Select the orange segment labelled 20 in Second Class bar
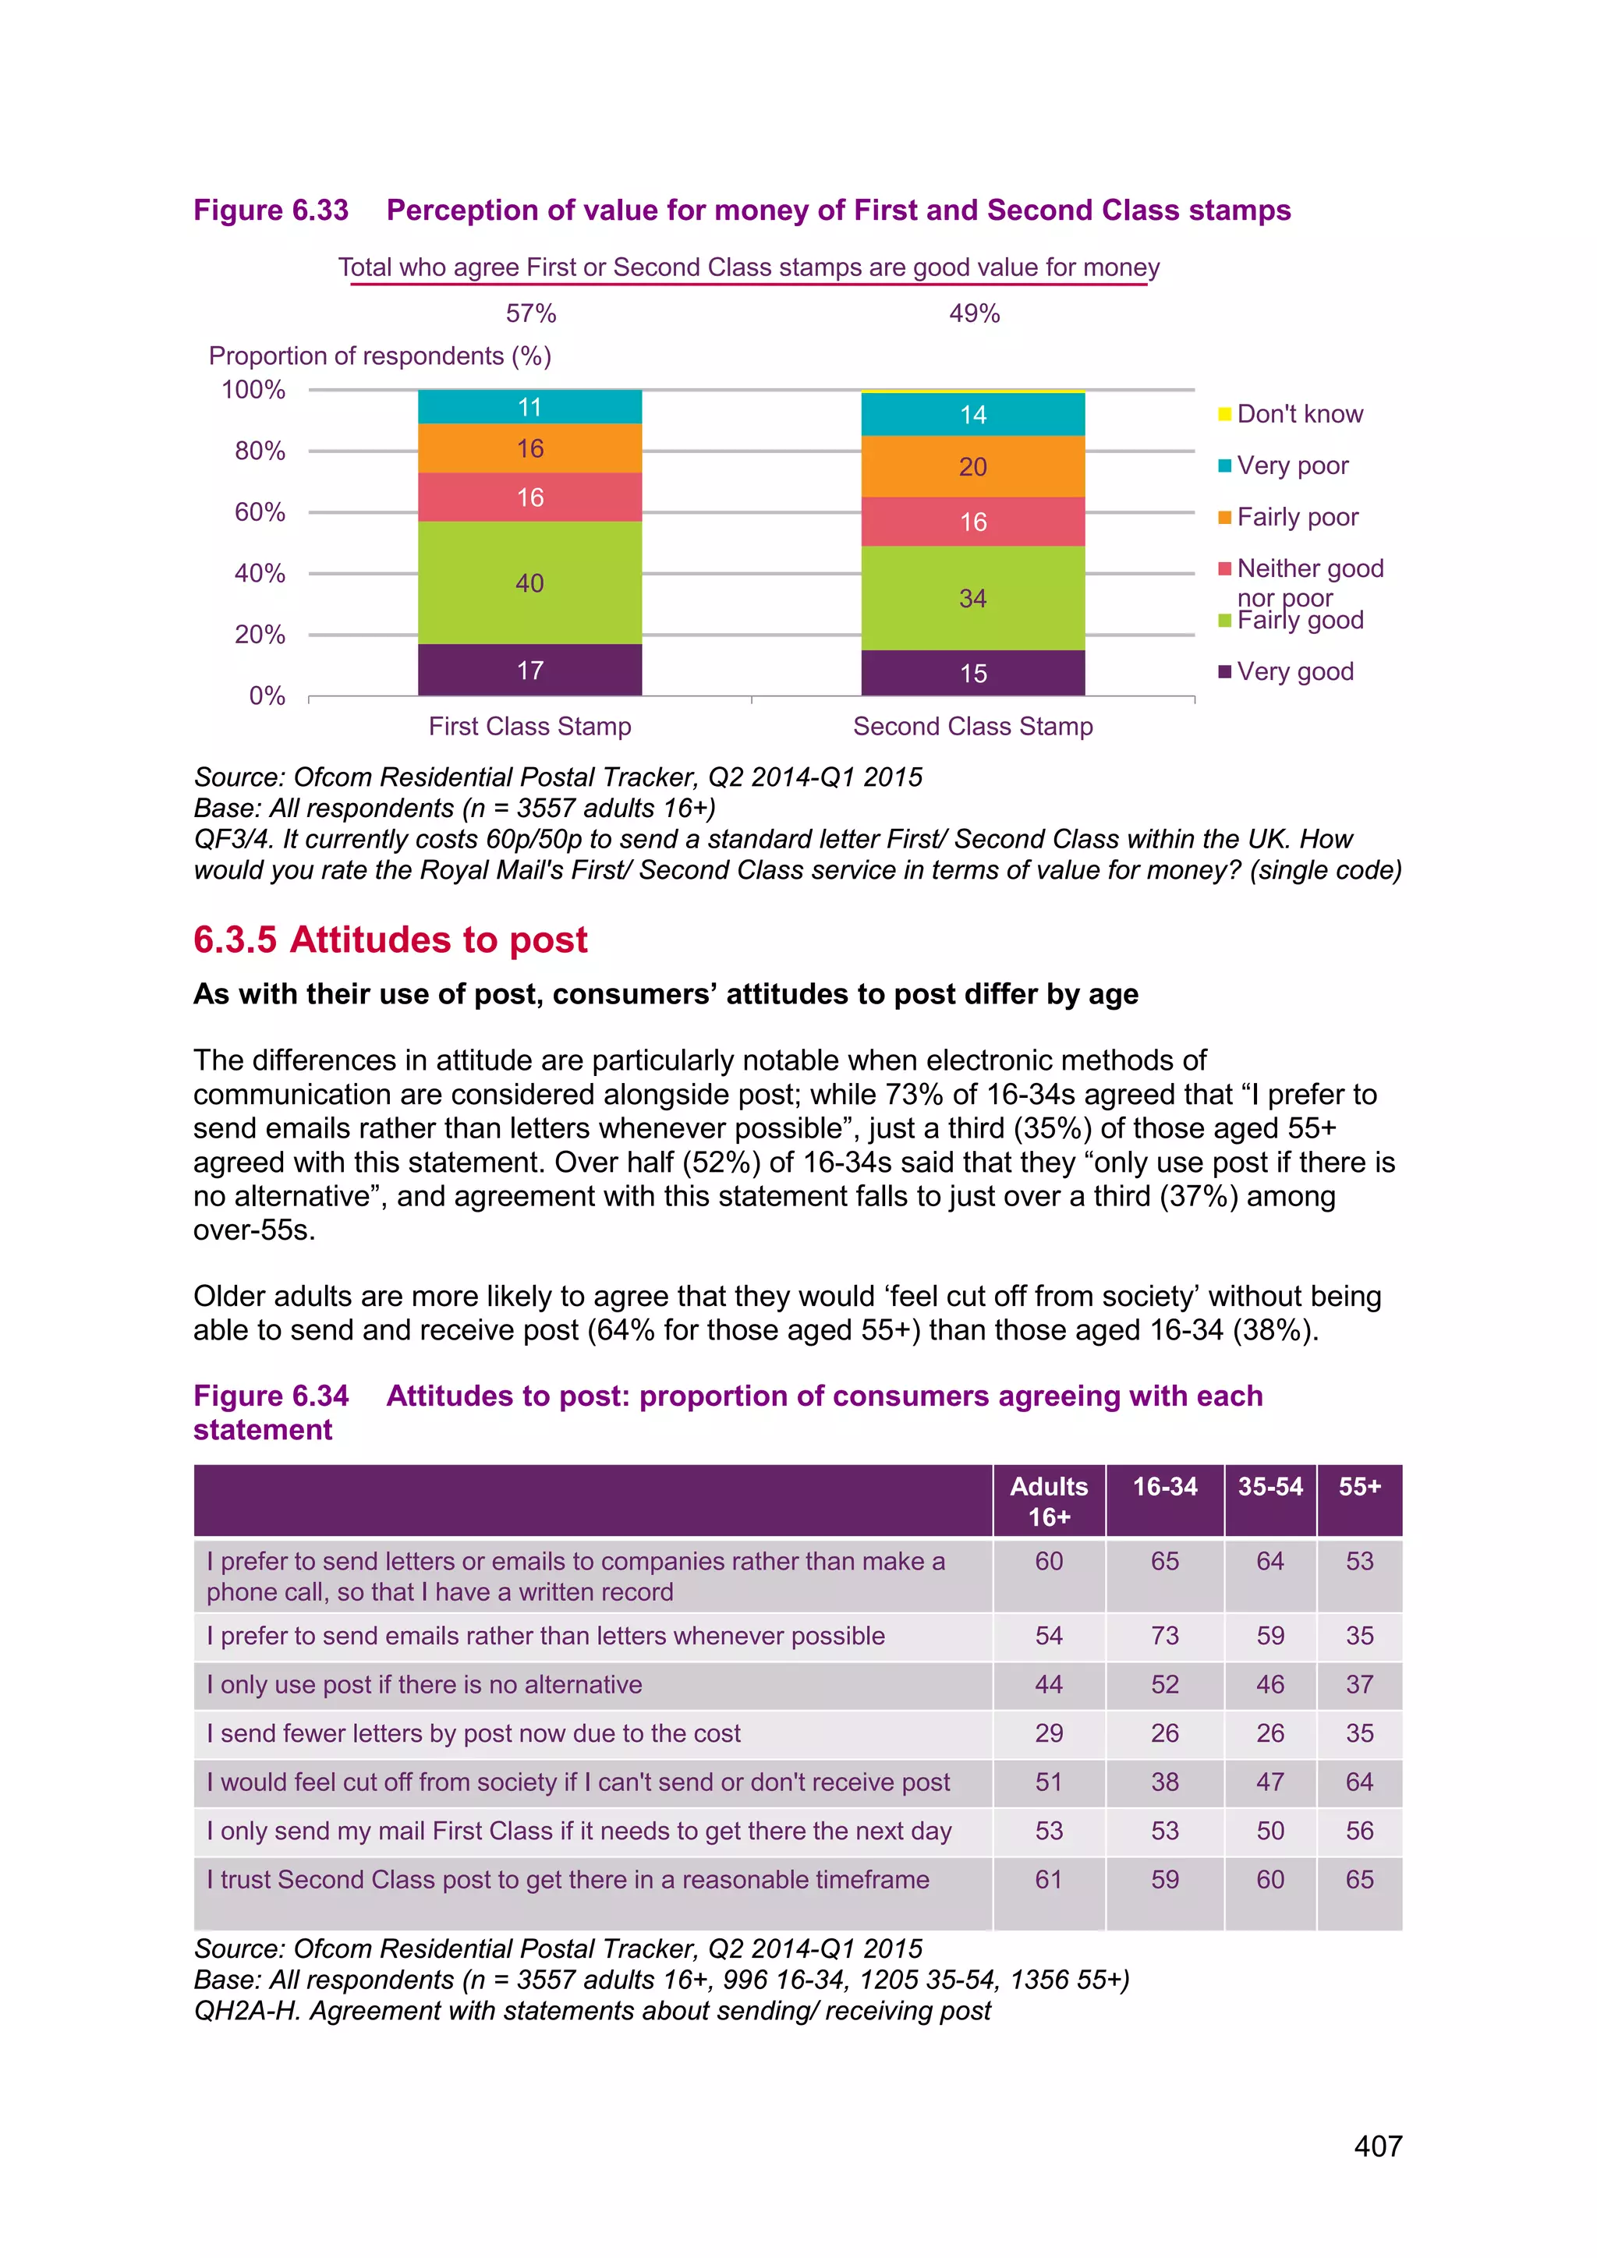972,466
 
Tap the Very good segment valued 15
972,673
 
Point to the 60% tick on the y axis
260,512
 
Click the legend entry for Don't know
1298,414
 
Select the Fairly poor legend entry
1296,517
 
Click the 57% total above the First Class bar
531,313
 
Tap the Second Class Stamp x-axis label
972,726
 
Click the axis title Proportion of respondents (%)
380,356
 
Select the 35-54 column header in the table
1269,1486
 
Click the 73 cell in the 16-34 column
1164,1636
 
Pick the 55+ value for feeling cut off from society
1359,1782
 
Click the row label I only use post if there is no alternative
424,1685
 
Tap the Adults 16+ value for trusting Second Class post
1048,1879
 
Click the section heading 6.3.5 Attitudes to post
391,940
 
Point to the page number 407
1378,2146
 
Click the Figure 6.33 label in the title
271,211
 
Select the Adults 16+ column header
1048,1501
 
